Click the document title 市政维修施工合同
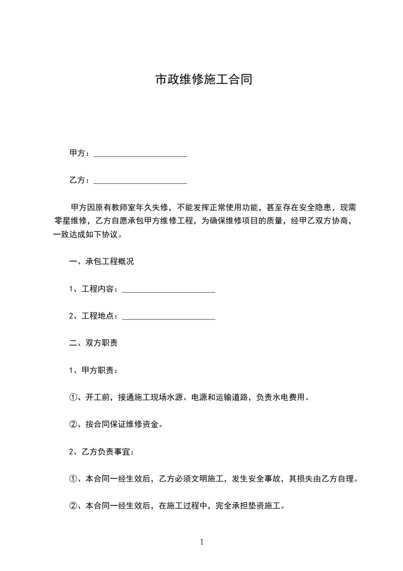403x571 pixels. tap(203, 80)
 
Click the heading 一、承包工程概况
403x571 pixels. tap(102, 262)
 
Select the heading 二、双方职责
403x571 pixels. tap(94, 343)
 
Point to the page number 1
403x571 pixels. tap(202, 542)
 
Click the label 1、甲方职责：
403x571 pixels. tap(94, 370)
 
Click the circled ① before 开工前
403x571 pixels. tap(73, 397)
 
